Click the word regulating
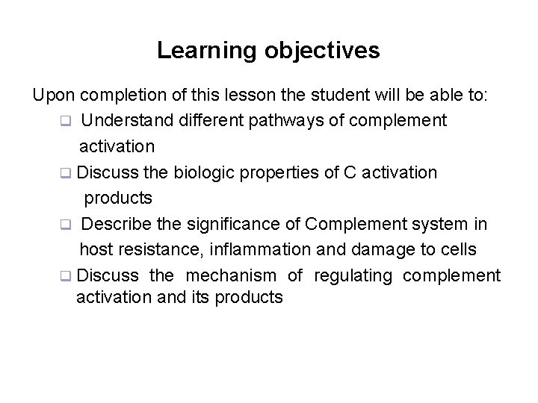pyautogui.click(x=353, y=275)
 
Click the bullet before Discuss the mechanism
pyautogui.click(x=66, y=276)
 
